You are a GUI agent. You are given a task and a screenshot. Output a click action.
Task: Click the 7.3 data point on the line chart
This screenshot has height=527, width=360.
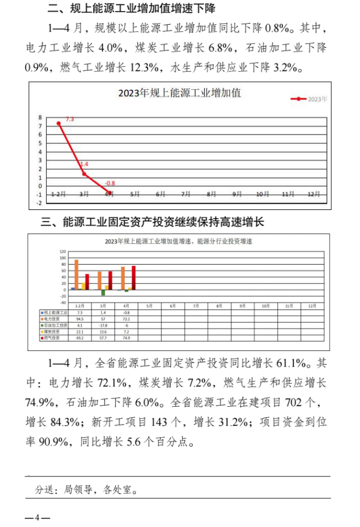pos(59,123)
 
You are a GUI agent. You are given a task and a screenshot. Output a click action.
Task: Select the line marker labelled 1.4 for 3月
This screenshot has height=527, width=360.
pos(84,174)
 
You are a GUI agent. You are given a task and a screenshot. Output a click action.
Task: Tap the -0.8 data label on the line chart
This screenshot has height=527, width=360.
pos(110,184)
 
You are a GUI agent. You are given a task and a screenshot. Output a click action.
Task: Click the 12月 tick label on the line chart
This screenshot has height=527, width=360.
pos(314,194)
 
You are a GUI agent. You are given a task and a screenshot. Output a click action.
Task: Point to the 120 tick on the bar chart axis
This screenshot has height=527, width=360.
pos(64,252)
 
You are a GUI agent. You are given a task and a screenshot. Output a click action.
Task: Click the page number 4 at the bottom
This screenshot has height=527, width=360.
pos(37,517)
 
